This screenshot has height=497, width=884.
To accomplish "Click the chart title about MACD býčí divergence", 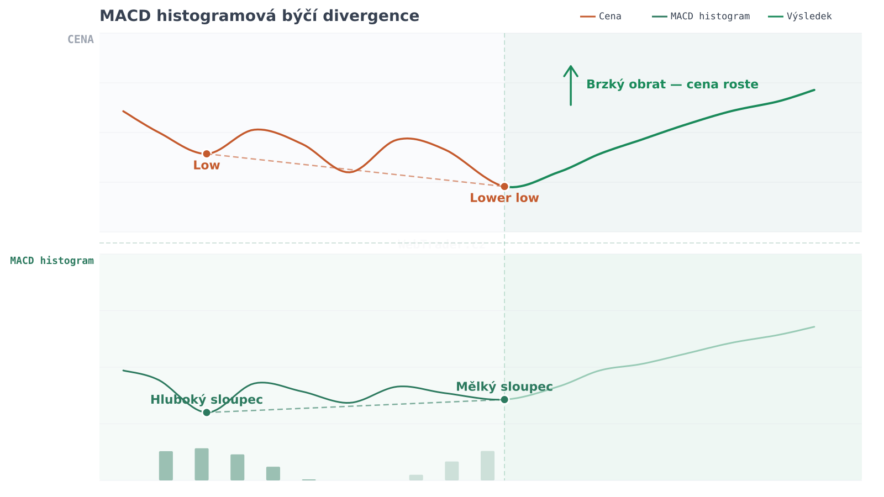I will (259, 16).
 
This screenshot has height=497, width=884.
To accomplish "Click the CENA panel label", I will (81, 40).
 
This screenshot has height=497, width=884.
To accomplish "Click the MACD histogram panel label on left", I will (52, 261).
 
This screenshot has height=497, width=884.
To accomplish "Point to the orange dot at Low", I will (207, 154).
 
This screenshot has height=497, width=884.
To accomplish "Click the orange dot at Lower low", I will (504, 187).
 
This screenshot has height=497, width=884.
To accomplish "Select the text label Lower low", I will (504, 198).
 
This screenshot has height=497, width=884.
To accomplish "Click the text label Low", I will (207, 166).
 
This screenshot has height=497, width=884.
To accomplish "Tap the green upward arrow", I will (571, 85).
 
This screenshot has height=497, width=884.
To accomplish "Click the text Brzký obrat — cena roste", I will (672, 84).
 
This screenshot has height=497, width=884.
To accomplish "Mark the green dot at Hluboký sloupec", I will (207, 413).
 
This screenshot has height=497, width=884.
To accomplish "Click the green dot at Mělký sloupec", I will (504, 400).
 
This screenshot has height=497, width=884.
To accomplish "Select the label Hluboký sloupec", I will (207, 400).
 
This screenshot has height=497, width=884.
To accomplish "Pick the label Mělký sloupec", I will (504, 387).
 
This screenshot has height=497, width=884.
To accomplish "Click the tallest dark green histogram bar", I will (202, 464).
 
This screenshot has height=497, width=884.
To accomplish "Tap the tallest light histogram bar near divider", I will (487, 466).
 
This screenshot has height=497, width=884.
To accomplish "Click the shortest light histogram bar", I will (416, 478).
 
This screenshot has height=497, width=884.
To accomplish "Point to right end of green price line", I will (814, 90).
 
